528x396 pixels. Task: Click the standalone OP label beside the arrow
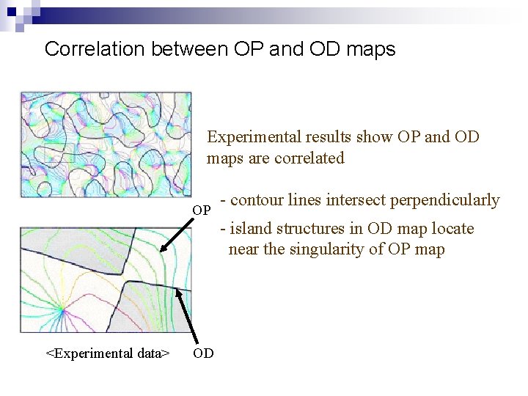(x=202, y=211)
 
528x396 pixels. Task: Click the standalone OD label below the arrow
(x=203, y=353)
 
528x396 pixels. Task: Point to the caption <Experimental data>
(x=108, y=353)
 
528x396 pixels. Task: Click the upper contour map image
(x=106, y=144)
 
